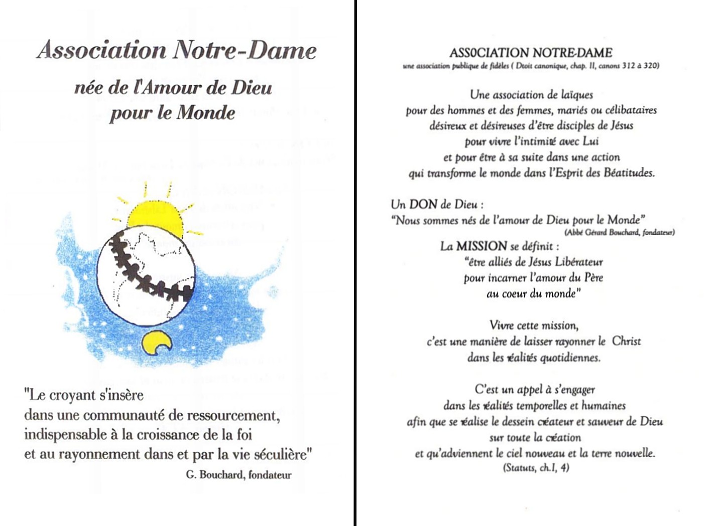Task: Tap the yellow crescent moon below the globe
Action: click(156, 343)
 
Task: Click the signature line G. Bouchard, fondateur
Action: click(239, 475)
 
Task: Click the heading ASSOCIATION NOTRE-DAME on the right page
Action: click(531, 53)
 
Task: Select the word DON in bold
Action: click(423, 204)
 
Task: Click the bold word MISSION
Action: click(481, 246)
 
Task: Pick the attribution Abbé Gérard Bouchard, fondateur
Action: click(620, 232)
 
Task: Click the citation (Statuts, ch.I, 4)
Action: click(536, 468)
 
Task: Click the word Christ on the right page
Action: click(626, 341)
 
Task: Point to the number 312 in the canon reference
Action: click(629, 66)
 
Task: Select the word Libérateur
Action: click(579, 262)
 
